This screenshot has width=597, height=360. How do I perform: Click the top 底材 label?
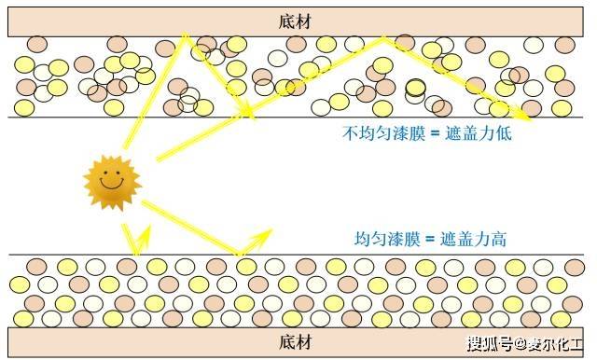point(296,21)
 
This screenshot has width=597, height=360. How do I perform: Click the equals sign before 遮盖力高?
point(431,239)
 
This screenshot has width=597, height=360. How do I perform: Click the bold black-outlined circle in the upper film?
point(415,87)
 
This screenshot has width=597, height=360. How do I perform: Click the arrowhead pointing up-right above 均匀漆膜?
point(269,231)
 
